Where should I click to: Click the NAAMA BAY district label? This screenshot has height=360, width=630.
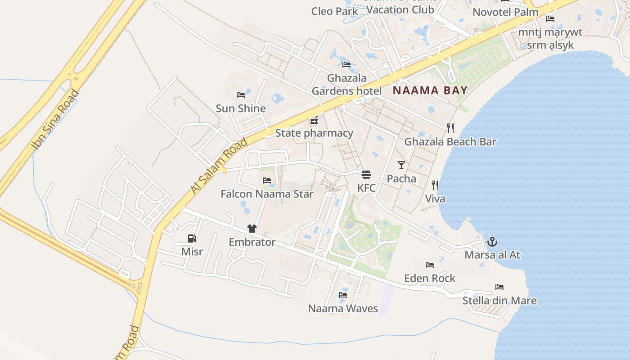coord(430,90)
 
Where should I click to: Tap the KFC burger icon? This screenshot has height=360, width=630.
coord(366,175)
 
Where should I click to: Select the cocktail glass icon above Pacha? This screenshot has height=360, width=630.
coord(401,165)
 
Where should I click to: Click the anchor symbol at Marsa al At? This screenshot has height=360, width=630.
coord(492,242)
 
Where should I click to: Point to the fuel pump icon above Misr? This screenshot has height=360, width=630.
coord(192,238)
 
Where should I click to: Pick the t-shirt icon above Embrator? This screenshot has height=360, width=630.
coord(252,229)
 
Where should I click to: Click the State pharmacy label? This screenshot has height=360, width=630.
coord(314,133)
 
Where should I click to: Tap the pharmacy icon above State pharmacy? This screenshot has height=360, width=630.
coord(314,120)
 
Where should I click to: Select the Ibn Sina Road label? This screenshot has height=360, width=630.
coord(55,119)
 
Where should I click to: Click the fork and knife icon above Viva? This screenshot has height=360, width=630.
coord(435,185)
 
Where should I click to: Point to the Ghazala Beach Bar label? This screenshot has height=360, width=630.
coord(450,142)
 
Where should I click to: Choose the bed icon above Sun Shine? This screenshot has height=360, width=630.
coord(241,95)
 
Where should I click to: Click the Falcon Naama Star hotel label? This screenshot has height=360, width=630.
coord(267,194)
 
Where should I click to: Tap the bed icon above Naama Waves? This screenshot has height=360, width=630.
coord(343,296)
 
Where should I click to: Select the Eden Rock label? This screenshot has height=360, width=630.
coord(430,278)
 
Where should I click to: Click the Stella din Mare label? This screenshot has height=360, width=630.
coord(499,300)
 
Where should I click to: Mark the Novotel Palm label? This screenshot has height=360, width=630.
coord(505,12)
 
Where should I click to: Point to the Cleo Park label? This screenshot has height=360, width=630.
coord(334,11)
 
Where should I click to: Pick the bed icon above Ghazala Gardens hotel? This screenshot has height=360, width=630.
coord(346,65)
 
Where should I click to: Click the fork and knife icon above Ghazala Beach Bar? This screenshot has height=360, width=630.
coord(450,128)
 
